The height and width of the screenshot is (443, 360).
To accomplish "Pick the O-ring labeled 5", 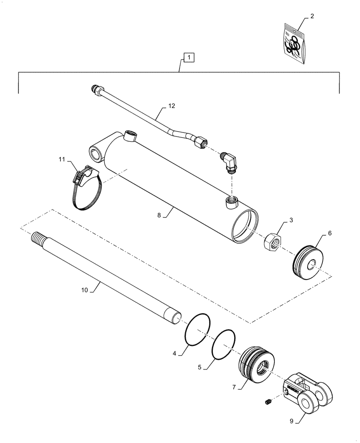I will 223,344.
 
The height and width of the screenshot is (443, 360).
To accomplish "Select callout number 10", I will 85,290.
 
